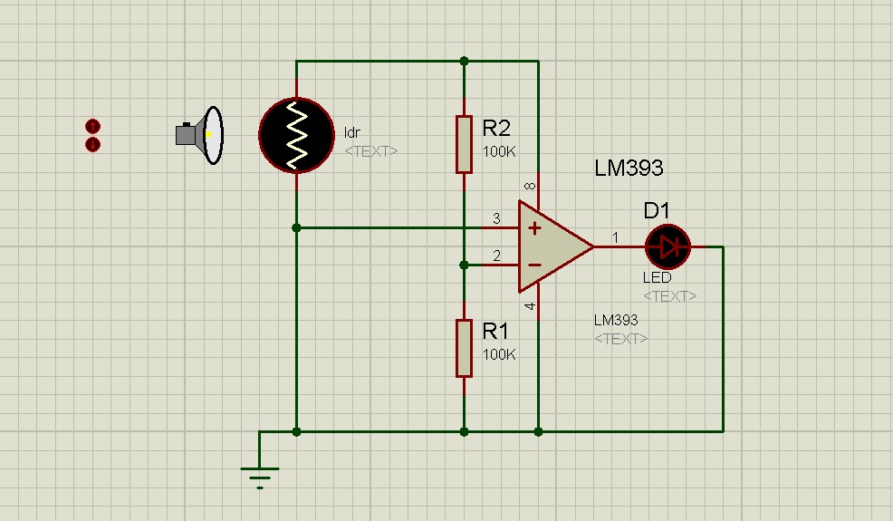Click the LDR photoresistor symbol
296,135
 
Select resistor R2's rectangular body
464,144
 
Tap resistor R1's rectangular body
464,348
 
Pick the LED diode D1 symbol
667,246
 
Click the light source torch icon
199,135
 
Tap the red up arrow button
92,126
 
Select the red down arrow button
92,144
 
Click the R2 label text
496,129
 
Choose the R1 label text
495,331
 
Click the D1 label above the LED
656,211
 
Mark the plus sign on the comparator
534,228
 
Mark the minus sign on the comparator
534,265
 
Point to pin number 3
496,218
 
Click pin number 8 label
530,187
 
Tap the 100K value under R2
499,151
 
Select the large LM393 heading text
629,168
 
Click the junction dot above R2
464,61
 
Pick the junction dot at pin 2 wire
464,265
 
